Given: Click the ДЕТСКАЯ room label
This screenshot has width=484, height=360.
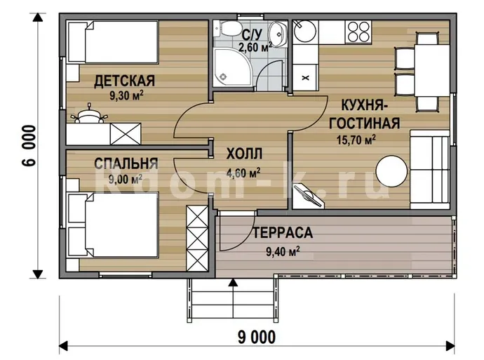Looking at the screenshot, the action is [124, 81].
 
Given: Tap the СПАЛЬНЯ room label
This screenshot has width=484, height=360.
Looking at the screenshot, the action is [126, 164].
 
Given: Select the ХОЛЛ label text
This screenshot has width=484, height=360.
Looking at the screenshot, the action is [244, 154].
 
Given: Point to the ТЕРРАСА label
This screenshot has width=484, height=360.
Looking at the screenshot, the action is [283, 233].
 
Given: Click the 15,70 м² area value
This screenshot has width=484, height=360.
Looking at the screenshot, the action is [356, 140].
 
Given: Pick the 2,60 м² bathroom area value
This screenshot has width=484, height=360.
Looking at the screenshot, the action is [255, 47].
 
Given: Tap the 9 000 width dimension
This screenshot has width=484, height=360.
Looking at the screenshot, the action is [257, 337].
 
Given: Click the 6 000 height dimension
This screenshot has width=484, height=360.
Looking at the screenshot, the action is [29, 146].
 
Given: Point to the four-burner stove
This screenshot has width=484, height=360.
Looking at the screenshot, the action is [358, 32].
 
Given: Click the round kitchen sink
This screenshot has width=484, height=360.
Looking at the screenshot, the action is [304, 31].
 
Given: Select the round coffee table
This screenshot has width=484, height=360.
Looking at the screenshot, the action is [391, 171].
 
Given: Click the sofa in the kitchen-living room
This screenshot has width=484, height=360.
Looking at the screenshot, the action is [429, 170].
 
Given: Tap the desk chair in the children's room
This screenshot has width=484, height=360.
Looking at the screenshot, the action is [89, 114].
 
